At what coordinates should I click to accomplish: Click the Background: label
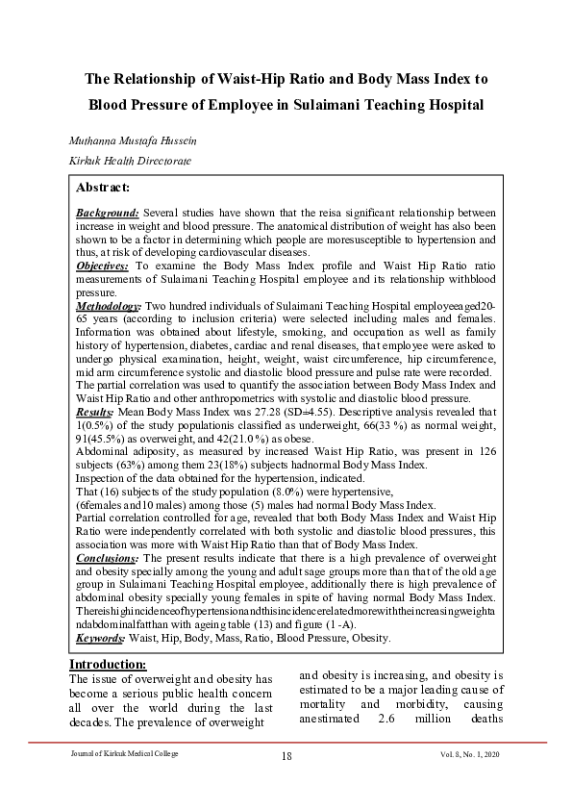tap(108, 212)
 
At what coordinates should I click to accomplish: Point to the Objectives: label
tap(104, 264)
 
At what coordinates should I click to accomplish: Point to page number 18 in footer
tap(286, 756)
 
